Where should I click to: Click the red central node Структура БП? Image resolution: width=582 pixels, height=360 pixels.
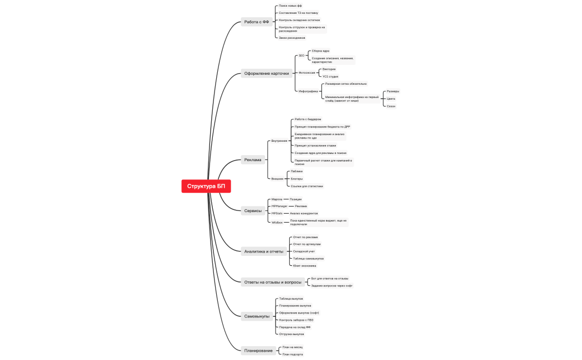(x=206, y=186)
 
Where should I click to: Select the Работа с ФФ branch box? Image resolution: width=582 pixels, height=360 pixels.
(x=257, y=22)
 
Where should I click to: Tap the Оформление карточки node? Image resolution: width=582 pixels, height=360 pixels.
(x=267, y=73)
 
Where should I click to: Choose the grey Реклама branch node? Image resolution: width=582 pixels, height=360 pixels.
(x=253, y=160)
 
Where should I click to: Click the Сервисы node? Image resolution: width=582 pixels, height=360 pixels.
(x=253, y=210)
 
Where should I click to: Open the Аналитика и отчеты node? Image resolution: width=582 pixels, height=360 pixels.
(x=264, y=251)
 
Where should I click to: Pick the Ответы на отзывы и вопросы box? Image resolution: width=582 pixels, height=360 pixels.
(x=273, y=282)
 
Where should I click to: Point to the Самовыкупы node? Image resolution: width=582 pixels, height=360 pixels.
(x=257, y=316)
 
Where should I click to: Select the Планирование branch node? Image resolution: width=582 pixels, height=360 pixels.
(x=258, y=350)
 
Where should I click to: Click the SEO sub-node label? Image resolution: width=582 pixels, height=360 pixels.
(x=302, y=55)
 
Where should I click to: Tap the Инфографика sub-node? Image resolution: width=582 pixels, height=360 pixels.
(x=308, y=91)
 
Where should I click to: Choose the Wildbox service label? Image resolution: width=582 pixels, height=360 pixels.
(x=277, y=222)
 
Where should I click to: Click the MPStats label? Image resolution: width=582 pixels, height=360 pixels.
(x=277, y=213)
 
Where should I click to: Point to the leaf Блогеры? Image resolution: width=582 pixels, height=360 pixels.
(x=297, y=179)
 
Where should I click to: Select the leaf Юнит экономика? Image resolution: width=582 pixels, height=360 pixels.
(x=304, y=265)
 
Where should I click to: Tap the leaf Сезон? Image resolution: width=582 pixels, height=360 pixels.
(x=391, y=106)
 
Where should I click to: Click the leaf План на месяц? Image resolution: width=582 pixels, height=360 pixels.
(x=292, y=347)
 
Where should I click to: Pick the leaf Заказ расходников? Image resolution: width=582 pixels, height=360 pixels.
(x=292, y=38)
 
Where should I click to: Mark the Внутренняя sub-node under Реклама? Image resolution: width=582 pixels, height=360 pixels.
(x=279, y=141)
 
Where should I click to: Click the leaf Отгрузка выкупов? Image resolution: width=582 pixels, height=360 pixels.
(x=291, y=334)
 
